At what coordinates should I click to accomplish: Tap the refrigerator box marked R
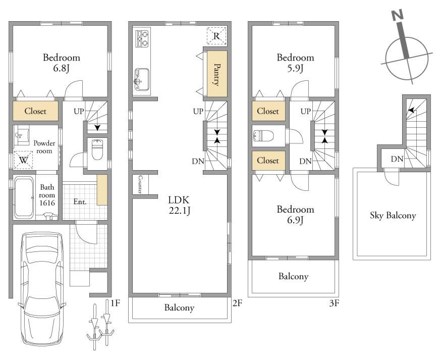[216, 36]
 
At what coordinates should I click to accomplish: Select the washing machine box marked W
[23, 160]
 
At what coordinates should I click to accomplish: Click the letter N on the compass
[398, 15]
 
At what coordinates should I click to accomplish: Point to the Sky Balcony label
[393, 216]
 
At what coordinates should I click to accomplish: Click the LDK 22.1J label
[179, 205]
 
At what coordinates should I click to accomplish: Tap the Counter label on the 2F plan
[140, 184]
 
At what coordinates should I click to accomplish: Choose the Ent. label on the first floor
[80, 202]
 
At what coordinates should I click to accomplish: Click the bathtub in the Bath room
[24, 197]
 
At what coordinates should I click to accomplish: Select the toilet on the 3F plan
[263, 136]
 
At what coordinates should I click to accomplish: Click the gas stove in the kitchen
[142, 38]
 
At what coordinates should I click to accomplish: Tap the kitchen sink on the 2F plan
[142, 80]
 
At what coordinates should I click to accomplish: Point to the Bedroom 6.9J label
[295, 215]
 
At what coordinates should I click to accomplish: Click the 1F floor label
[115, 303]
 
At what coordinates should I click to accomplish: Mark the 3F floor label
[334, 303]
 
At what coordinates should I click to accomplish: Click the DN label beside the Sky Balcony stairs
[397, 159]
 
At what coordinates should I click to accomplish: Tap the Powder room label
[44, 147]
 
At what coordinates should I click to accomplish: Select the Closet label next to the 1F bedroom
[35, 111]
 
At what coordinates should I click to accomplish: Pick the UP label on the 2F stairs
[198, 112]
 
